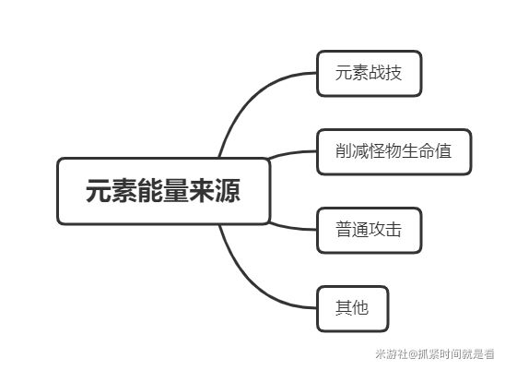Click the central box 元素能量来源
pos(164,191)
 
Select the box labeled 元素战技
pos(369,73)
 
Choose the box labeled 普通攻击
pos(369,230)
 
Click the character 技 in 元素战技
pos(393,73)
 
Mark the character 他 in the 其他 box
pos(360,307)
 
